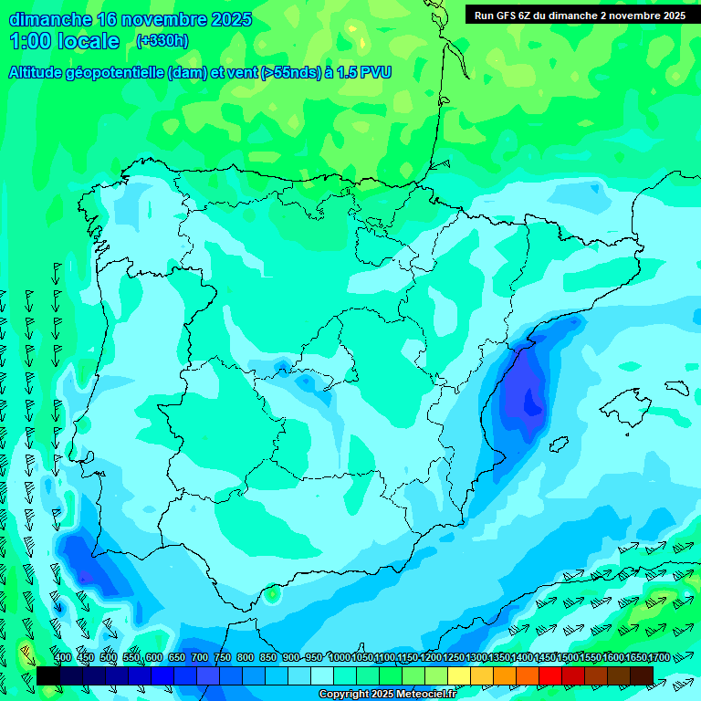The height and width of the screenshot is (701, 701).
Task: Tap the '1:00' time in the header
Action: [26, 42]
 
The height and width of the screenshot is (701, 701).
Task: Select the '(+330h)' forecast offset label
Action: [162, 40]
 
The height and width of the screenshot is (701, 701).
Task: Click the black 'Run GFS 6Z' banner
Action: [581, 16]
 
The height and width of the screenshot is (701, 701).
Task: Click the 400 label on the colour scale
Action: [63, 658]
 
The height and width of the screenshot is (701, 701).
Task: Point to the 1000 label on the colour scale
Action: [340, 658]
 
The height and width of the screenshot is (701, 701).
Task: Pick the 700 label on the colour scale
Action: [200, 658]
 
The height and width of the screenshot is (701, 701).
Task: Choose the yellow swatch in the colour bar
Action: [458, 675]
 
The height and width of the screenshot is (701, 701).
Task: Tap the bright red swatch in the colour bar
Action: [550, 675]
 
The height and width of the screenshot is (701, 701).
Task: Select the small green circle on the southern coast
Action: [271, 595]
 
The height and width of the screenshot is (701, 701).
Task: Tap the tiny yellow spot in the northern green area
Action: [362, 43]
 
